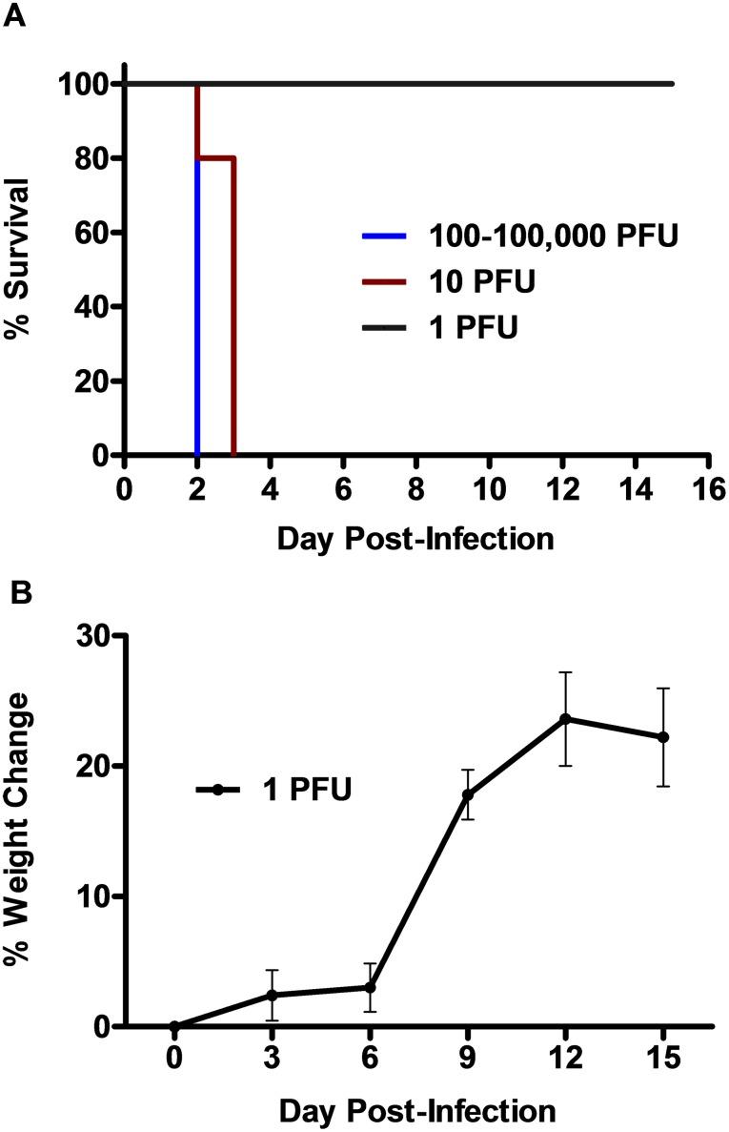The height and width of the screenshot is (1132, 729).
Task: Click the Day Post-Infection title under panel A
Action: pos(415,539)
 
